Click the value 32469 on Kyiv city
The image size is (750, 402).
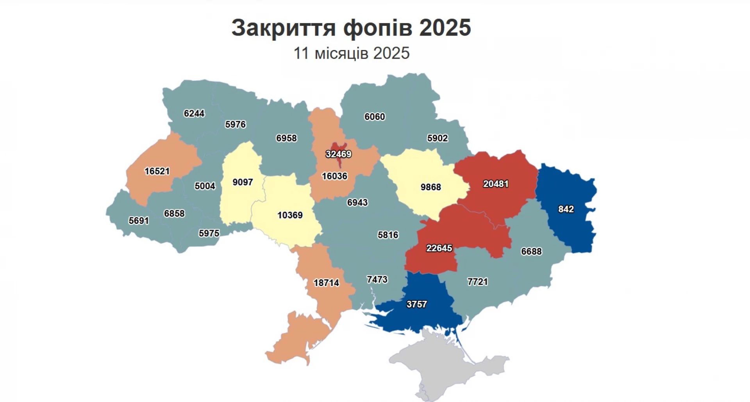[x=338, y=154]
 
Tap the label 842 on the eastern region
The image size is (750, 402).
[x=566, y=209]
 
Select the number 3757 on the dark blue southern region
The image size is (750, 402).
[x=416, y=304]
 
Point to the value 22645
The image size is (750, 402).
[x=439, y=248]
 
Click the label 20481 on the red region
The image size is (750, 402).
[x=496, y=184]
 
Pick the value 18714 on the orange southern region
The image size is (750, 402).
[x=326, y=282]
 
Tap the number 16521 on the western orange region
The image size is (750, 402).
[x=157, y=171]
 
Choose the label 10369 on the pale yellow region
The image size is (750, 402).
[x=290, y=215]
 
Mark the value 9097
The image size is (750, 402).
[x=243, y=182]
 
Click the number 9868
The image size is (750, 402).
[x=430, y=187]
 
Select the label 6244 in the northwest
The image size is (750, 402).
[x=194, y=113]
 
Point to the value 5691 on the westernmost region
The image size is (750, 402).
[x=139, y=221]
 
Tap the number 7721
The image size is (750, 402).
[x=477, y=282]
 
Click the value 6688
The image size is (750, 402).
[x=531, y=251]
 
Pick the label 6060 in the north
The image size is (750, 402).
[x=375, y=117]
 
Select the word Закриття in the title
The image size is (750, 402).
[x=284, y=28]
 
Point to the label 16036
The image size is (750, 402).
[x=334, y=176]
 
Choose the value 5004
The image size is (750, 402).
[x=205, y=186]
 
